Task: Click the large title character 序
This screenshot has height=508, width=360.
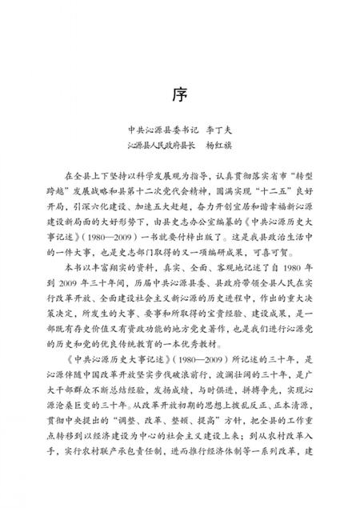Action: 180,94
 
